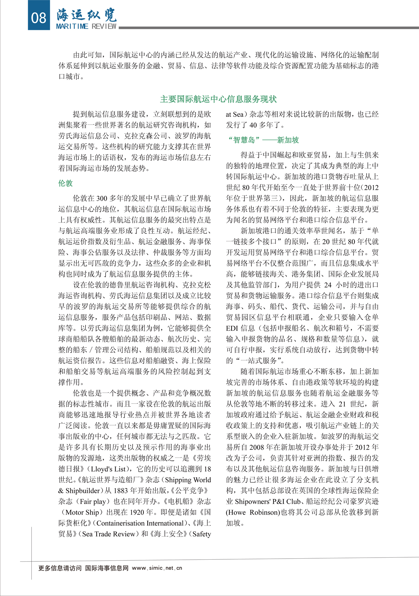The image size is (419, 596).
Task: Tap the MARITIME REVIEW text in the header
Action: pyautogui.click(x=86, y=27)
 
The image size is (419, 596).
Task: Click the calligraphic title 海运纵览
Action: pyautogui.click(x=87, y=15)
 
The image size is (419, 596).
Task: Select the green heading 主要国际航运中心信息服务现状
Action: pyautogui.click(x=218, y=99)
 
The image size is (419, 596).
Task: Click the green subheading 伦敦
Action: pyautogui.click(x=65, y=183)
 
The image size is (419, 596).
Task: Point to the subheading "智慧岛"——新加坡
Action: pyautogui.click(x=263, y=140)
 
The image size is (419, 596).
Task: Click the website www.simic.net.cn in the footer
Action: pyautogui.click(x=157, y=568)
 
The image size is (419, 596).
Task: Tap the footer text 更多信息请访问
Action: pyautogui.click(x=60, y=568)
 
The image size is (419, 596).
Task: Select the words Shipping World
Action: pyautogui.click(x=188, y=480)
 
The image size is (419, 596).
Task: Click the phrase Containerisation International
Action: pyautogui.click(x=140, y=523)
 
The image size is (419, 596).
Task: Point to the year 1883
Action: pyautogui.click(x=117, y=491)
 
